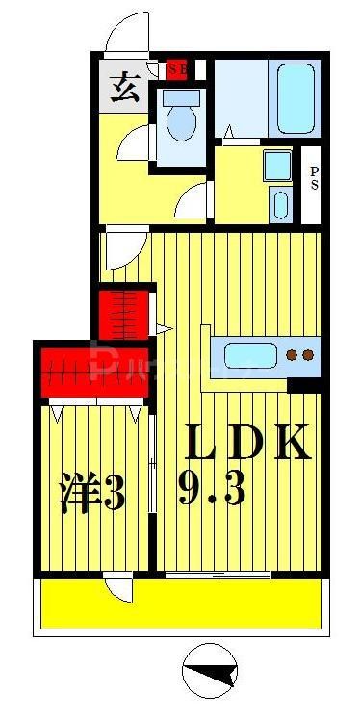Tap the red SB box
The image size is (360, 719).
tap(176, 68)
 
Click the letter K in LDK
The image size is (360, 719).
tap(292, 444)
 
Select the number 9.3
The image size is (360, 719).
tap(211, 490)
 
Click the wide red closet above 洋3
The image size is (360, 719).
tap(94, 370)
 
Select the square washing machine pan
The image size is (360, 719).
tap(278, 165)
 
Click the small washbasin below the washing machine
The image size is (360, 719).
tap(279, 205)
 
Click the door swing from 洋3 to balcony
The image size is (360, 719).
tap(119, 586)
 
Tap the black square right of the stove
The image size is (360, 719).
tap(306, 386)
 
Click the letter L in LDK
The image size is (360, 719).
tap(204, 444)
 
